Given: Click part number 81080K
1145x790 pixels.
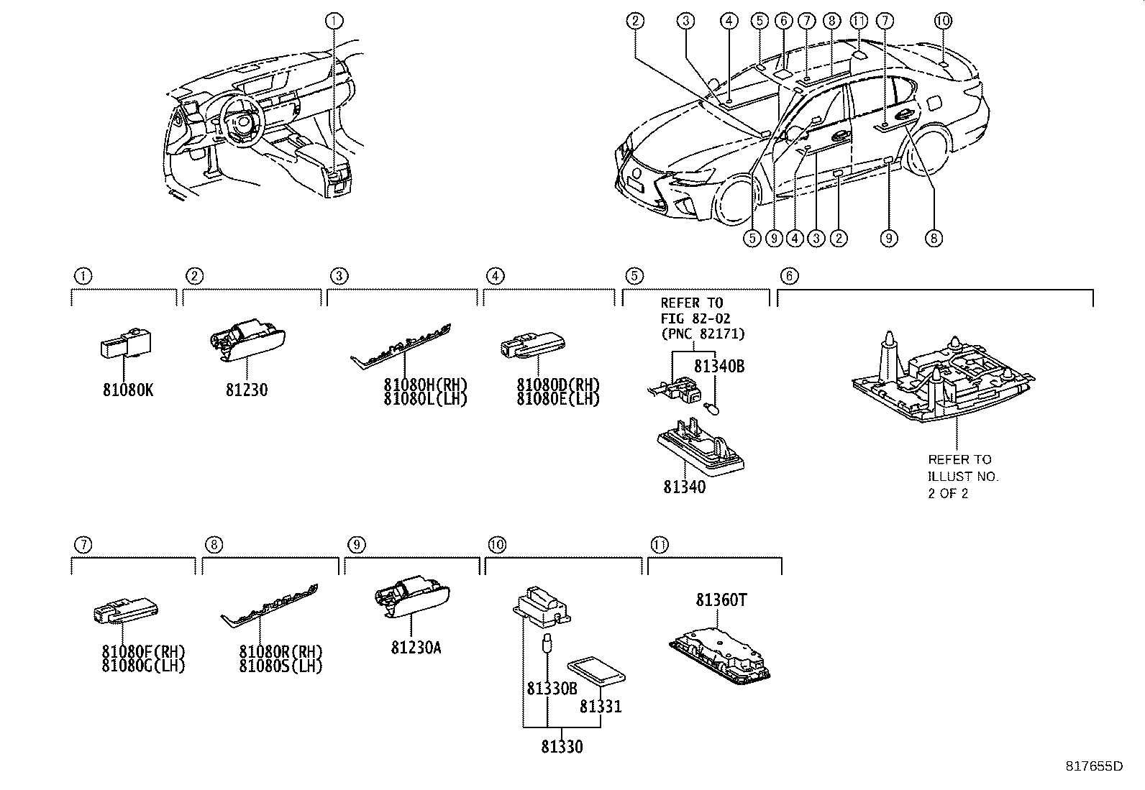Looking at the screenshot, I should point(128,390).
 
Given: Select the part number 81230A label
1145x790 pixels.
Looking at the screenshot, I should point(416,648).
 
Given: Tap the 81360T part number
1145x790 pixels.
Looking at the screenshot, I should point(721,600).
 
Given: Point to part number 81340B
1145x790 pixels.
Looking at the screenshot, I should point(719,367).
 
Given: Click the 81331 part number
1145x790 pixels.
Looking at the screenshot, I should point(601,707).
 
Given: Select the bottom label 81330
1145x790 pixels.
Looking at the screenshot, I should point(562,747).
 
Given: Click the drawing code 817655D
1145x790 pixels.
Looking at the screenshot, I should point(1094,766).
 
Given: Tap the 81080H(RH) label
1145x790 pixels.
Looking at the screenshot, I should point(426,385).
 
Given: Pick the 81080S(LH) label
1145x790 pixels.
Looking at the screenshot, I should point(281,666).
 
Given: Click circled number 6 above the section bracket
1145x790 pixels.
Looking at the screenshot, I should point(789,275).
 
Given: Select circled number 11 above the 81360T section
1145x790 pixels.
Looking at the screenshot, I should point(659,545).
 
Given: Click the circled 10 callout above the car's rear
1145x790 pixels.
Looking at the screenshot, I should point(944,21).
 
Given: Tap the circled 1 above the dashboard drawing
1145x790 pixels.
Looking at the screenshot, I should point(334,21).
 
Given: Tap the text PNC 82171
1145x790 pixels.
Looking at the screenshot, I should point(703,334).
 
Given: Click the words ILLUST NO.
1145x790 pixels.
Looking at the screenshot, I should point(962,477).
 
